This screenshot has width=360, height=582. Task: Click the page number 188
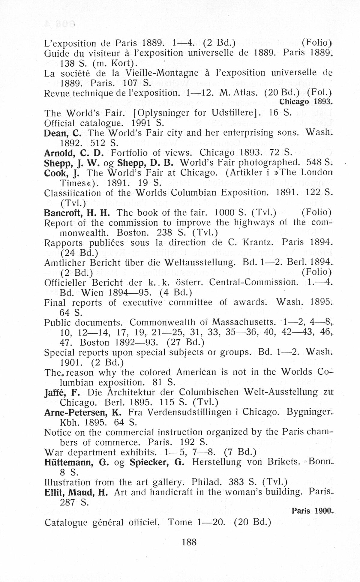tap(189, 542)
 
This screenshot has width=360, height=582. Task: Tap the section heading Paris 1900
tap(312, 511)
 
